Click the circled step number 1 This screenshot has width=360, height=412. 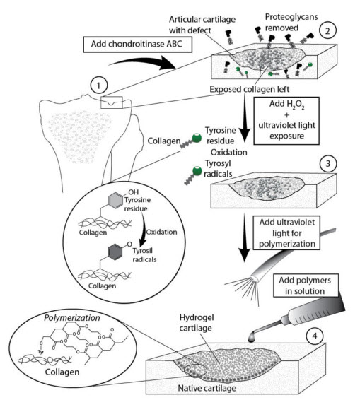point(98,86)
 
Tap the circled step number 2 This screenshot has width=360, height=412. point(327,31)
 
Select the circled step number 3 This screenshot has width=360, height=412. point(327,163)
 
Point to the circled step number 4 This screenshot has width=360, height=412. point(315,336)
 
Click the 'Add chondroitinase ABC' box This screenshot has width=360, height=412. point(137,45)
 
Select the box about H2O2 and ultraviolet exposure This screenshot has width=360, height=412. point(286,121)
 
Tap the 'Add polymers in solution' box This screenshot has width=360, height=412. point(306,286)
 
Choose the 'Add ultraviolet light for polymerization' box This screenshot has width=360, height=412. point(286,233)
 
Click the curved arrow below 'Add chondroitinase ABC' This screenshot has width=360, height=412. point(144,62)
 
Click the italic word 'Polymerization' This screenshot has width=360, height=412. point(72,318)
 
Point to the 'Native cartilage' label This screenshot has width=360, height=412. point(207,388)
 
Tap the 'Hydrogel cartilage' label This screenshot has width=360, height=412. point(196,323)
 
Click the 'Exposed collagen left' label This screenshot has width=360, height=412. point(249,89)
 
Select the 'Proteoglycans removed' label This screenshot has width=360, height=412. point(291,22)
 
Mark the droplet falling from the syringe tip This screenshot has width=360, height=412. point(251,337)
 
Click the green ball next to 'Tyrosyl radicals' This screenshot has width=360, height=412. point(197,171)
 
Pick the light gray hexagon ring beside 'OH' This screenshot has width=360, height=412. point(115,200)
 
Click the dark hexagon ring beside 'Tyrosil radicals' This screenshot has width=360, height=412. point(115,252)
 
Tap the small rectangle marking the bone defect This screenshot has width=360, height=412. point(112,102)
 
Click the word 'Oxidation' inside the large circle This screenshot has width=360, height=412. point(161,232)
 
